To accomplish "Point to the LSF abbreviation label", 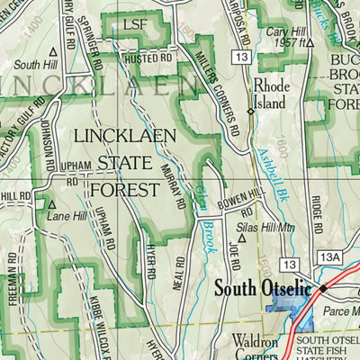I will pos(134,24).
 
